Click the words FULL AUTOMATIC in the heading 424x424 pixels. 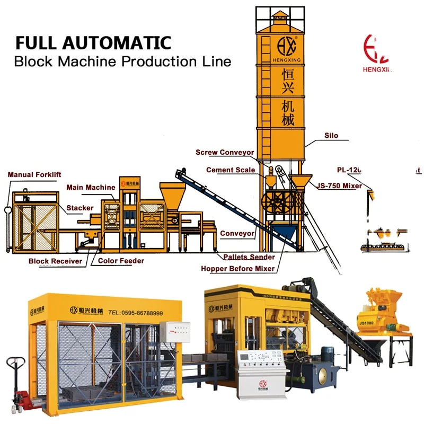point(93,42)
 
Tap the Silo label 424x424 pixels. point(331,136)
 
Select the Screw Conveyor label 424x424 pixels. point(225,153)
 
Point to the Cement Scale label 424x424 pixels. point(231,170)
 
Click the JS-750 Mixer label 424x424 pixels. point(340,185)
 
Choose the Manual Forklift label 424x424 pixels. point(35,174)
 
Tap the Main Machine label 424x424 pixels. point(91,187)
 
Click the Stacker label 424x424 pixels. point(80,208)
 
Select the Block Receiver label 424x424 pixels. point(56,261)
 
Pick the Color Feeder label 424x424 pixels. point(121,261)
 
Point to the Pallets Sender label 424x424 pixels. point(249,257)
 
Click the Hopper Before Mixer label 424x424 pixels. point(238,269)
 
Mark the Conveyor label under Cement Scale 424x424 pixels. point(237,233)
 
